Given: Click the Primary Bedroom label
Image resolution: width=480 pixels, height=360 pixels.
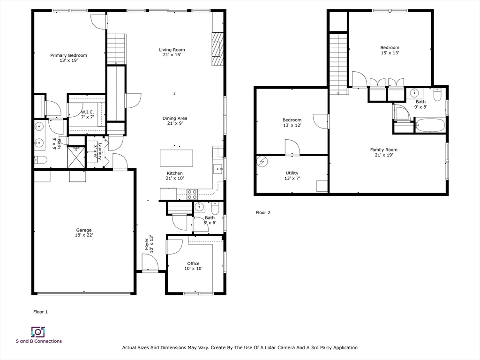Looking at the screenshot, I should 68,58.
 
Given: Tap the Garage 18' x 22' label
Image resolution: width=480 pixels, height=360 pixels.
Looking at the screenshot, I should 84,233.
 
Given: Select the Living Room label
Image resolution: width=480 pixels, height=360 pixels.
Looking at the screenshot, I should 172,52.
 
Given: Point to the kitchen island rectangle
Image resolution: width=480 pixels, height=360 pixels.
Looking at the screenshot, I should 176,157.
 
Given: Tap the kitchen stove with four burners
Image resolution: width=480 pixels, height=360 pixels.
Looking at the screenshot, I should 192,194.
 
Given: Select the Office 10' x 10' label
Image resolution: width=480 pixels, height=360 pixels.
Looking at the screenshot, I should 193,266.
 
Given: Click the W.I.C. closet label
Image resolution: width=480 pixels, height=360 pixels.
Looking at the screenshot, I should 88,114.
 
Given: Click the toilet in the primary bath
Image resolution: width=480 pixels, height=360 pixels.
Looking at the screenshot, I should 41,160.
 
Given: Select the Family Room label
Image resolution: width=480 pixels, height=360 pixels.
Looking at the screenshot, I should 383,152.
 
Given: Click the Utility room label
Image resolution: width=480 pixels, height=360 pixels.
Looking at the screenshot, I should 292,176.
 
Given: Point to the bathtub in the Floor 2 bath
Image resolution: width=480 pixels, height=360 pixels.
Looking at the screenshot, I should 429,125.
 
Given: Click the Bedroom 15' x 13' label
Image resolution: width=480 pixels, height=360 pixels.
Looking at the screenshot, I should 390,50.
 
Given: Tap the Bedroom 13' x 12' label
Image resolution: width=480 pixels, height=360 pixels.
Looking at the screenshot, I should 292,122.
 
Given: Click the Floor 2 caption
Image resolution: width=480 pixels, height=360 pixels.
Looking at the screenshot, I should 263,212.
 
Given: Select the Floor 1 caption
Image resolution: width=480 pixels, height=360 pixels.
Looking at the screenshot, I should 40,312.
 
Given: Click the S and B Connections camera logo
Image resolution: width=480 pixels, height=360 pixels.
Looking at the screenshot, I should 37,332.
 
